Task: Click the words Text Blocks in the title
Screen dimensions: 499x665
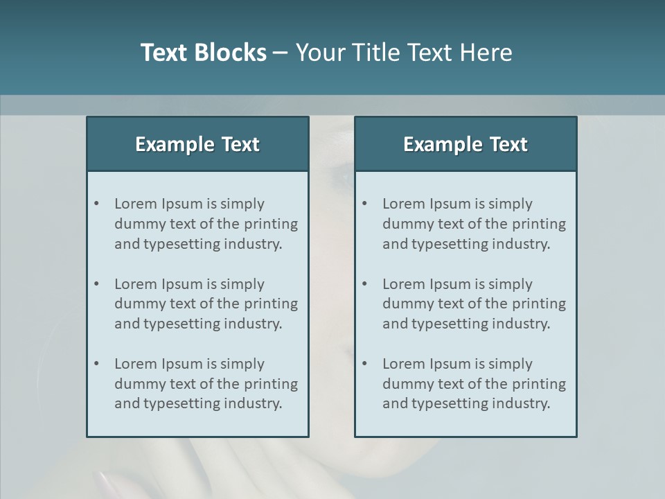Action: click(x=203, y=53)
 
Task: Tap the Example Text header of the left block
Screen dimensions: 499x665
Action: click(x=197, y=144)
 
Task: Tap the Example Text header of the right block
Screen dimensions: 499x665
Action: click(x=465, y=144)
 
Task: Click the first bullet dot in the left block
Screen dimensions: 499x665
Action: click(x=96, y=204)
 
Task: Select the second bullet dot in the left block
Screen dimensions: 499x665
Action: click(x=96, y=284)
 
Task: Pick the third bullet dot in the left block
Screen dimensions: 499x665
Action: click(x=96, y=364)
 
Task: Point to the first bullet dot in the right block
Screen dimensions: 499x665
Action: click(x=364, y=204)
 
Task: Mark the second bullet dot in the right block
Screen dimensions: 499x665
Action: click(x=364, y=284)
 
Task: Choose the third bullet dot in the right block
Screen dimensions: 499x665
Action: click(x=364, y=364)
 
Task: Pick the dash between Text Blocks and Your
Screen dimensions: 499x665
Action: click(x=281, y=53)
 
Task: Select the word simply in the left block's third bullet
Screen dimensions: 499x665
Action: click(x=242, y=364)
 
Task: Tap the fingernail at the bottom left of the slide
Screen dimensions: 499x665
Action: click(x=108, y=480)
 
